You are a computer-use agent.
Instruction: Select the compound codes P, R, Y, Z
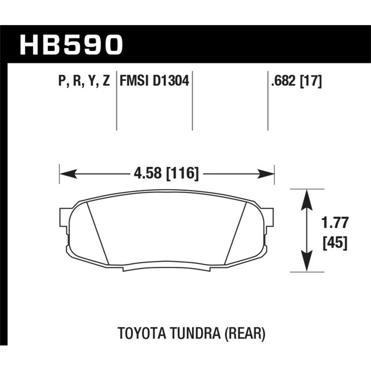(x=84, y=82)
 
